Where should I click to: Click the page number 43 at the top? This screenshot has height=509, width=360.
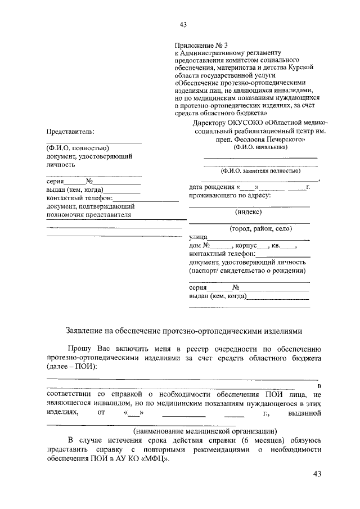click(x=183, y=24)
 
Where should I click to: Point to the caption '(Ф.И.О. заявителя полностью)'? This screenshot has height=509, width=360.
click(x=260, y=170)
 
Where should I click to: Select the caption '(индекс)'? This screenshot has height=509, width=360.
click(x=248, y=212)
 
